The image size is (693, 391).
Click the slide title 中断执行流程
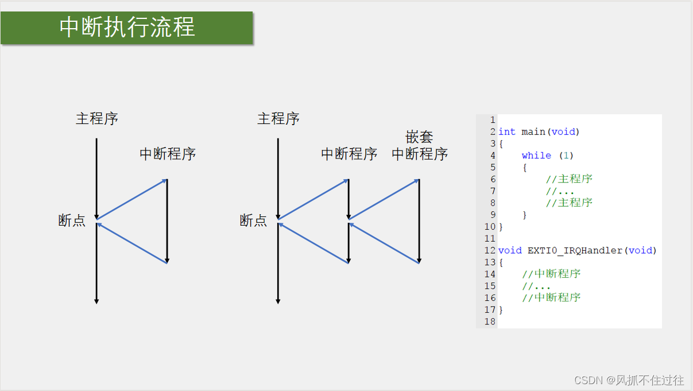tap(127, 28)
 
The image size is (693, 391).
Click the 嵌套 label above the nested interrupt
tap(419, 137)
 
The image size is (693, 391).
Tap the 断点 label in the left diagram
tap(72, 220)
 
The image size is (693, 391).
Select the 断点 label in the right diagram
tap(253, 220)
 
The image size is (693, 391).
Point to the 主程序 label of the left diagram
tap(97, 119)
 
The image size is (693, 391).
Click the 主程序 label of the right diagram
tap(278, 119)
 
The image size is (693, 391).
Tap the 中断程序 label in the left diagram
tap(168, 154)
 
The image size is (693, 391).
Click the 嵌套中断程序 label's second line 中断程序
tap(420, 154)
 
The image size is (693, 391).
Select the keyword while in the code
tap(536, 156)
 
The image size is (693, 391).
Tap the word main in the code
tap(533, 132)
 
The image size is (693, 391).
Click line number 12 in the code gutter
tap(490, 250)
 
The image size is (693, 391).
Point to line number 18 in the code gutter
tap(490, 322)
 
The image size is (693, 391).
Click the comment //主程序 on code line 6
tap(569, 179)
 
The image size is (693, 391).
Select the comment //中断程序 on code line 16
tap(551, 297)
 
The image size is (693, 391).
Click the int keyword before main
tap(507, 132)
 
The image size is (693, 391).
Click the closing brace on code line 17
tap(501, 309)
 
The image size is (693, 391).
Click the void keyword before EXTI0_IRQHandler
tap(510, 250)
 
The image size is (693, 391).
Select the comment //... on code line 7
tap(560, 191)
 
